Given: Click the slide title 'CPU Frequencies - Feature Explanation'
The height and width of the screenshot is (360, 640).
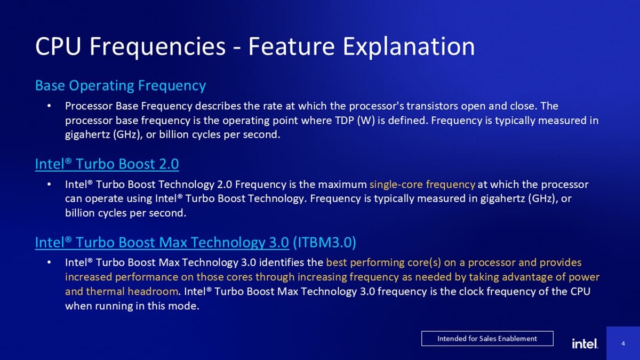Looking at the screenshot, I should (x=254, y=47).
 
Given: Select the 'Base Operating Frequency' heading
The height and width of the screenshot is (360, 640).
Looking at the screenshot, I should (x=120, y=85).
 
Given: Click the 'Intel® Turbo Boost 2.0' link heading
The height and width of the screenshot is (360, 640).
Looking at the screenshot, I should (x=107, y=164).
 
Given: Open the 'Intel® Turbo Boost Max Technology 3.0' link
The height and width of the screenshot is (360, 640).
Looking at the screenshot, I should (x=162, y=243).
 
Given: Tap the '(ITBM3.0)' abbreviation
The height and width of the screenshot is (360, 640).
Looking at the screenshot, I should (x=324, y=243).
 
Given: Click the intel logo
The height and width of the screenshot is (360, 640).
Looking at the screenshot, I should (x=585, y=343).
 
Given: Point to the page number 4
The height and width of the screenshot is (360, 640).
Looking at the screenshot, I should (x=623, y=343).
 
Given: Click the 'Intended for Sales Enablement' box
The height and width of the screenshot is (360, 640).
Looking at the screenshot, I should (x=487, y=338).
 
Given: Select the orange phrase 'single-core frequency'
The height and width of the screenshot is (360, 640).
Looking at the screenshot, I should (x=422, y=185).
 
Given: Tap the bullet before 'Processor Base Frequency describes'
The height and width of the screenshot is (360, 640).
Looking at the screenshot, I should (x=49, y=107).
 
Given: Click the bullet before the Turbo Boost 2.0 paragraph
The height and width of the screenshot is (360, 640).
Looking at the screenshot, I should (x=49, y=185).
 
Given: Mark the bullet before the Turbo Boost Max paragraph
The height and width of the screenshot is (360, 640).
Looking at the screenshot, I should (x=49, y=263).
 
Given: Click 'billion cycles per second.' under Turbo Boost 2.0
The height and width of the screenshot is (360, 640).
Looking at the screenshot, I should (x=125, y=214).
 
